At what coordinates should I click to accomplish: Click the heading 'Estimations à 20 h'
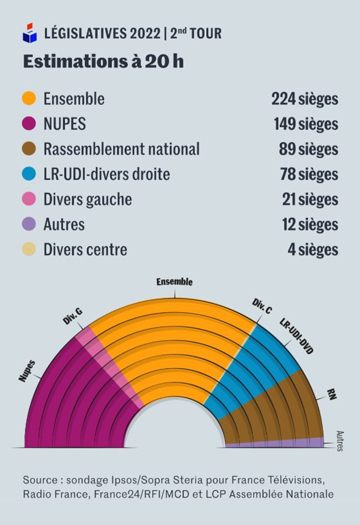tap(103, 62)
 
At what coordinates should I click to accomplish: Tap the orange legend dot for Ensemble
tap(29, 99)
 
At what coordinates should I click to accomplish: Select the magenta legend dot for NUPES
tap(29, 124)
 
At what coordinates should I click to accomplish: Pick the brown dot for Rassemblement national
tap(29, 149)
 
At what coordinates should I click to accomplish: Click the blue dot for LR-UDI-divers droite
tap(29, 174)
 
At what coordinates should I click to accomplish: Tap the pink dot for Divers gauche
tap(29, 199)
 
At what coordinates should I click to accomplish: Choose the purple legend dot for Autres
tap(29, 224)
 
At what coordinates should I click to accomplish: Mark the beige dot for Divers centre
tap(29, 250)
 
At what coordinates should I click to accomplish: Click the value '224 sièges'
tap(304, 99)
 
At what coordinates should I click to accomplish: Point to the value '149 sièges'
tap(306, 124)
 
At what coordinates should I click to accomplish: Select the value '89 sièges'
tap(309, 149)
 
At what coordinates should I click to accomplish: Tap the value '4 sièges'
tap(313, 250)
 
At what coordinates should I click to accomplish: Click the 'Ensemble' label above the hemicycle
tap(174, 282)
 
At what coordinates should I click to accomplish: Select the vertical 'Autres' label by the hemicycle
tap(339, 441)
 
